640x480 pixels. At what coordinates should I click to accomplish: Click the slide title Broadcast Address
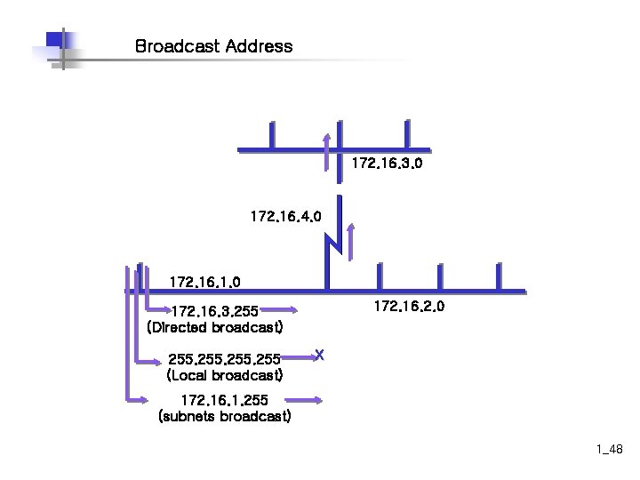point(213,45)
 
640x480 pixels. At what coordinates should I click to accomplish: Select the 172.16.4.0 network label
point(286,216)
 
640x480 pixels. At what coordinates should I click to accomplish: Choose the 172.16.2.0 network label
point(409,307)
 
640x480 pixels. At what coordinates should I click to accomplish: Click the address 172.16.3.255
point(214,312)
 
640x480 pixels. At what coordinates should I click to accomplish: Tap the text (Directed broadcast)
point(214,327)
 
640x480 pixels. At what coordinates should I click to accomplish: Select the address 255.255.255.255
point(224,359)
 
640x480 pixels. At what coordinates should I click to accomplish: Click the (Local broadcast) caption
point(224,375)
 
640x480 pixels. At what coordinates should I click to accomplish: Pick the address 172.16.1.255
point(224,400)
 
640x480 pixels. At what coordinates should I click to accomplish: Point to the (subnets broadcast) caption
point(224,416)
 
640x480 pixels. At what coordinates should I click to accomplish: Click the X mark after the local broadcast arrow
point(320,356)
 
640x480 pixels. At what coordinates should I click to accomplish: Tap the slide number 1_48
point(610,452)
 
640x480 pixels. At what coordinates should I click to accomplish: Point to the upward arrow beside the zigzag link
point(351,241)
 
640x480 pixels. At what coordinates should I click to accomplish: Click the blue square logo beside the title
point(55,41)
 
